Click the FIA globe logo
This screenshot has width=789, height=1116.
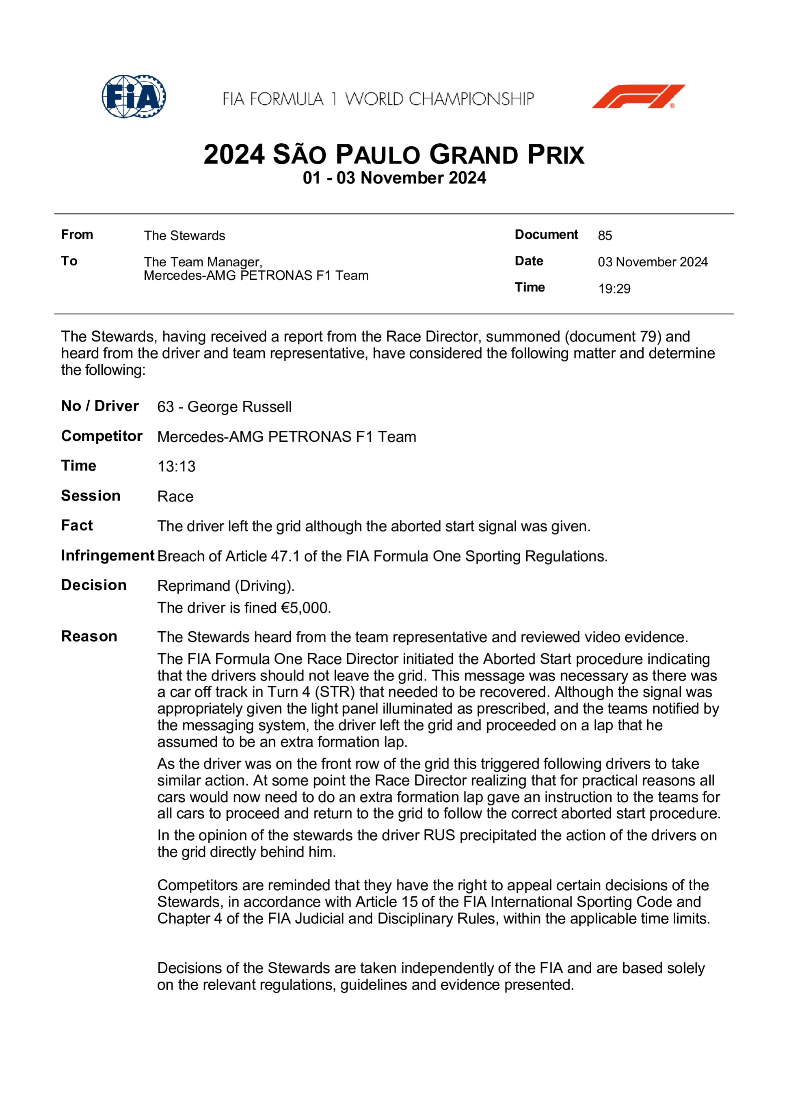click(134, 96)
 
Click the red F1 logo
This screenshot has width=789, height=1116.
click(638, 96)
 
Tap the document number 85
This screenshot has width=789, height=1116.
click(605, 236)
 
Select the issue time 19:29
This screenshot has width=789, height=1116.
click(614, 289)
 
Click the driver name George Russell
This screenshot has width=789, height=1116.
click(239, 407)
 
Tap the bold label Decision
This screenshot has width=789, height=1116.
click(94, 585)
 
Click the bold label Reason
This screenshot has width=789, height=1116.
click(89, 636)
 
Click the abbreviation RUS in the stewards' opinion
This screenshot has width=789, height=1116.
click(439, 835)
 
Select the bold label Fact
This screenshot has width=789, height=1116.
click(77, 525)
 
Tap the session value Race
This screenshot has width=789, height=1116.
click(175, 497)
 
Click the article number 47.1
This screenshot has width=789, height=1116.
click(285, 556)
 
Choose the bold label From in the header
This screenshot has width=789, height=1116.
click(77, 235)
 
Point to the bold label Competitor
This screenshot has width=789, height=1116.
click(102, 436)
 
